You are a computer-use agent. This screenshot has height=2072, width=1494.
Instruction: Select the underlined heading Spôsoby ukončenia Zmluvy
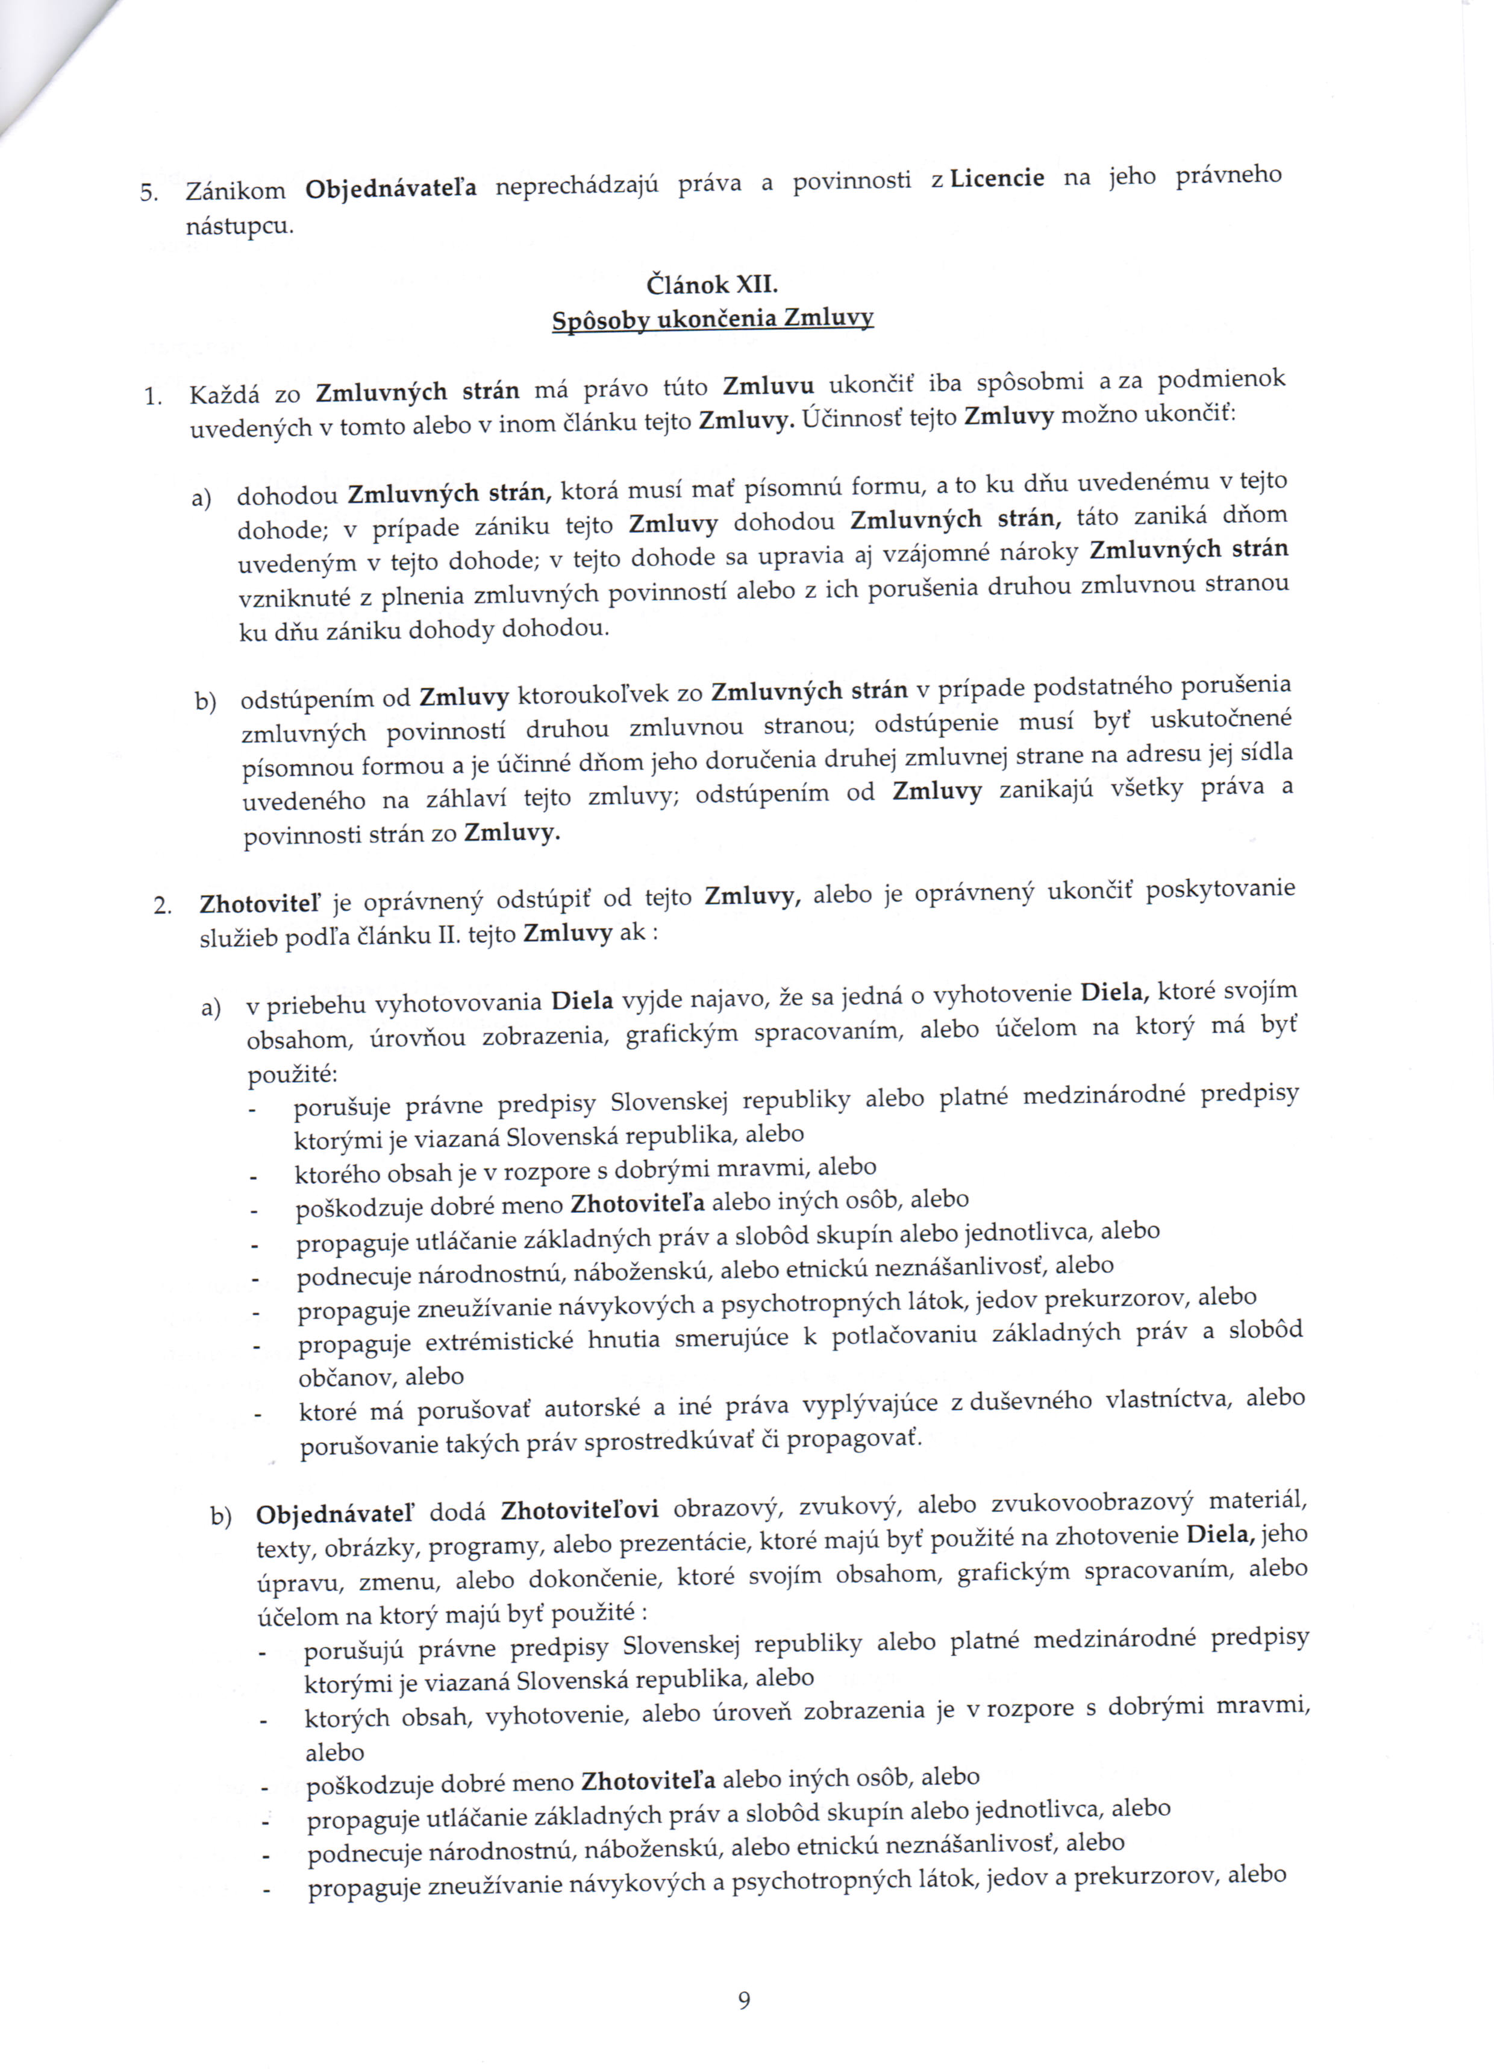[712, 319]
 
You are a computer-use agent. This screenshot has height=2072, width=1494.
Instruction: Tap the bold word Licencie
[997, 178]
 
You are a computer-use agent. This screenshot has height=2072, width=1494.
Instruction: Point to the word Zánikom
[236, 191]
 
